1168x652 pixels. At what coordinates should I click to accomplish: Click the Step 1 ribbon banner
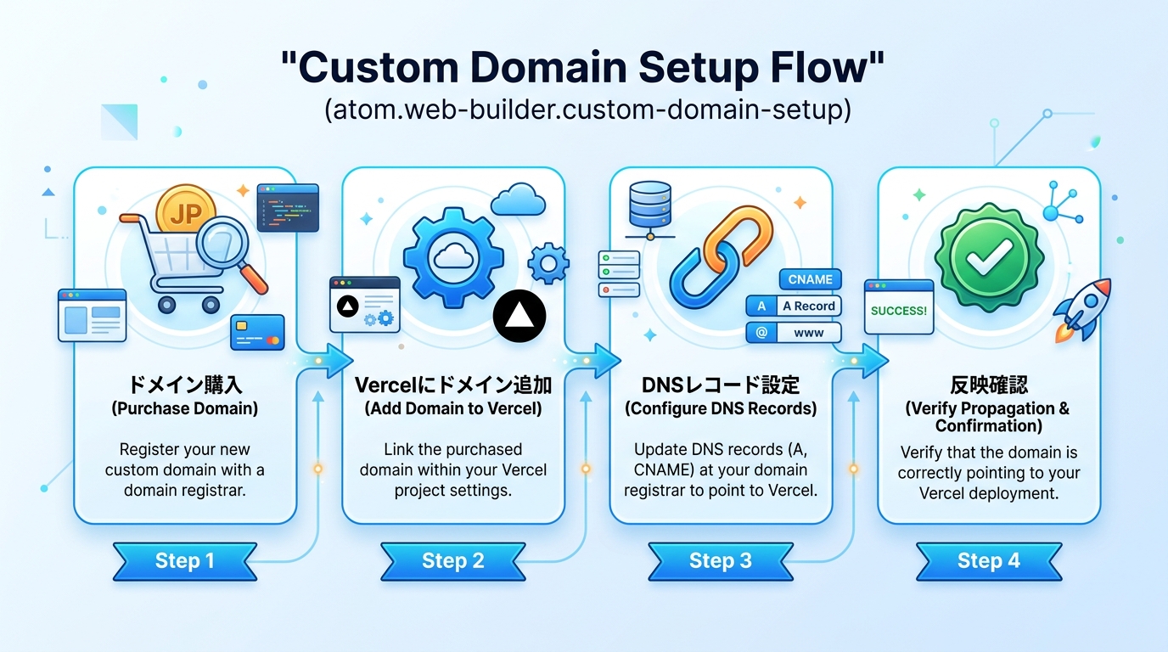click(x=184, y=561)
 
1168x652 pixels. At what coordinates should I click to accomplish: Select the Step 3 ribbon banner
click(x=721, y=561)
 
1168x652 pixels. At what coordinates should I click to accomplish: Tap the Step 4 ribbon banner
click(x=988, y=561)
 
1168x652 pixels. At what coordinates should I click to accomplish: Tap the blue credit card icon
click(x=257, y=332)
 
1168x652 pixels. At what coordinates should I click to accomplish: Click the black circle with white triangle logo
click(x=519, y=317)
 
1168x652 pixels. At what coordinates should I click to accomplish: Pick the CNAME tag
click(x=810, y=279)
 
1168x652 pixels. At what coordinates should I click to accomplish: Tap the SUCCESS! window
click(x=899, y=311)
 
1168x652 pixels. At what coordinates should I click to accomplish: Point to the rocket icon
click(x=1085, y=308)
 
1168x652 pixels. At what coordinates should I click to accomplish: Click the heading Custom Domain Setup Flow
click(x=583, y=69)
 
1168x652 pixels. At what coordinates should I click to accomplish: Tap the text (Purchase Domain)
click(x=184, y=408)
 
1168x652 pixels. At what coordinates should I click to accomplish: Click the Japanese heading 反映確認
click(x=988, y=385)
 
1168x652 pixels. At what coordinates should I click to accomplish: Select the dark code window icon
click(x=287, y=206)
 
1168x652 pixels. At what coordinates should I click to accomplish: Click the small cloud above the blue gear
click(x=518, y=200)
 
